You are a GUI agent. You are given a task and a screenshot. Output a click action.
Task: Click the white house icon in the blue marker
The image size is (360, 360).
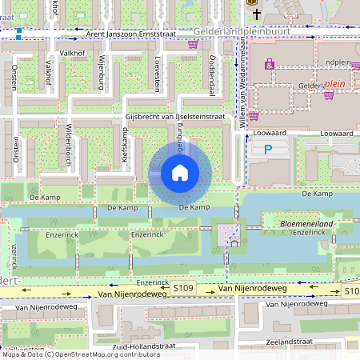pos(179,173)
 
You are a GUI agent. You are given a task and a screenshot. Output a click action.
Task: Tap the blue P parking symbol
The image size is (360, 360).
pos(268,150)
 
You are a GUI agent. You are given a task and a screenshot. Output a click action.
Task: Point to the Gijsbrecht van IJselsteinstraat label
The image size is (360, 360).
pos(174,117)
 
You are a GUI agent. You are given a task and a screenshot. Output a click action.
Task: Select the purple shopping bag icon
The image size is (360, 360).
pos(270,65)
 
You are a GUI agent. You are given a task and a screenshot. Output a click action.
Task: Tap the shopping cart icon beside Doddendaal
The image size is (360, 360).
pos(192,44)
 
